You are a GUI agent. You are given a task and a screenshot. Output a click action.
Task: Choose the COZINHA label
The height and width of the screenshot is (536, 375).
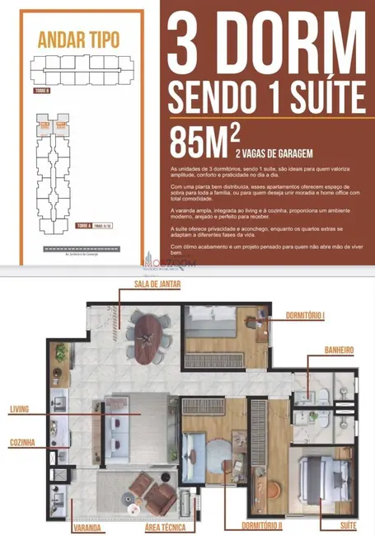[22, 443]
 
